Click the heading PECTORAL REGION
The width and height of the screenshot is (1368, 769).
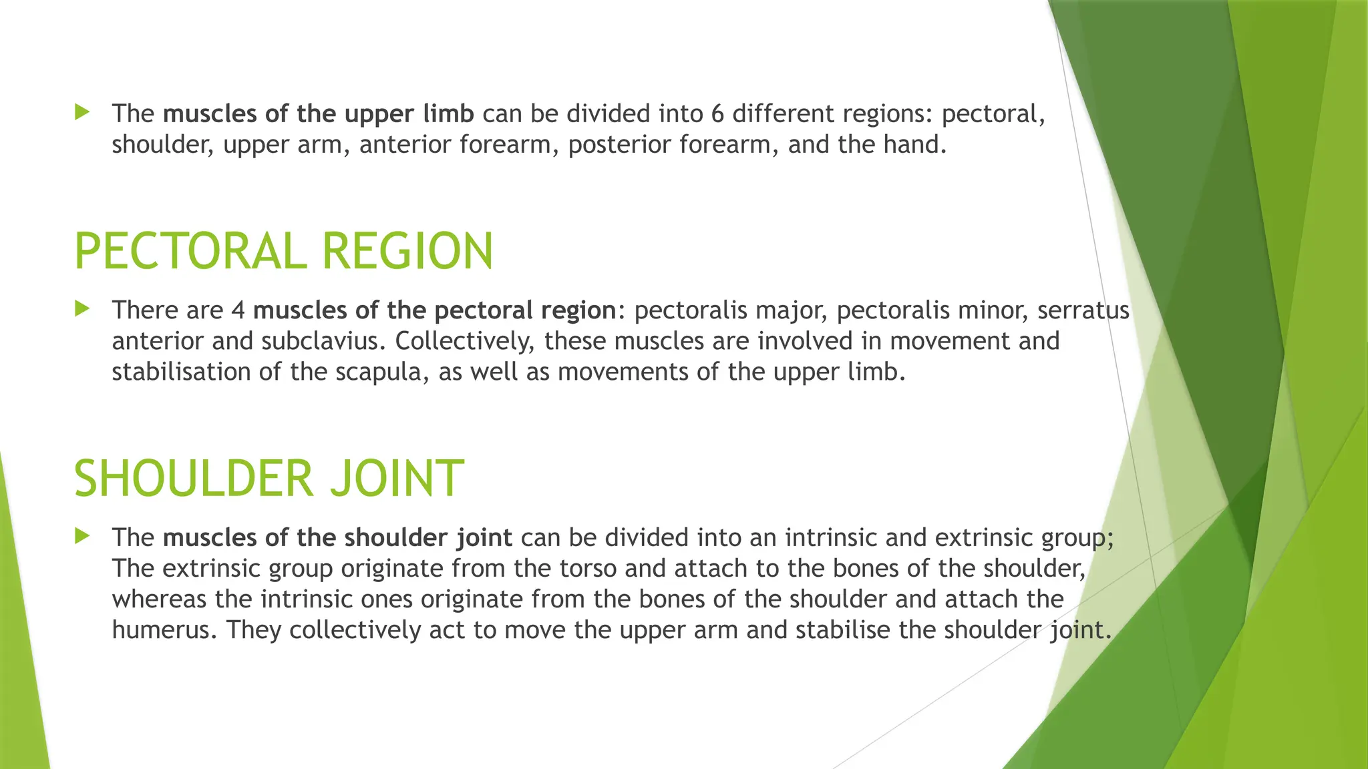point(283,252)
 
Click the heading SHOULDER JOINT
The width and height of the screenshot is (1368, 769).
point(269,479)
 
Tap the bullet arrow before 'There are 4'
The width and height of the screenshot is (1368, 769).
point(83,309)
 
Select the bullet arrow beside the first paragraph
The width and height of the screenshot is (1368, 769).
point(83,112)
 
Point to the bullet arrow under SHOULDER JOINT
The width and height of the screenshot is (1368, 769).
point(83,536)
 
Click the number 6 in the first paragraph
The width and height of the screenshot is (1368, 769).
point(717,114)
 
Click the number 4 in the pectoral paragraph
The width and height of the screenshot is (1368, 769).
point(238,310)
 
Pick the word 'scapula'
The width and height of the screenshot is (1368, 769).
point(379,372)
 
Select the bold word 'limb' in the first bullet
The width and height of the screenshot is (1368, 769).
point(448,114)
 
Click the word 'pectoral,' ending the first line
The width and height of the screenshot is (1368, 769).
point(993,114)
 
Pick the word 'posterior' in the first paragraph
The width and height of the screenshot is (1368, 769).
point(619,145)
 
